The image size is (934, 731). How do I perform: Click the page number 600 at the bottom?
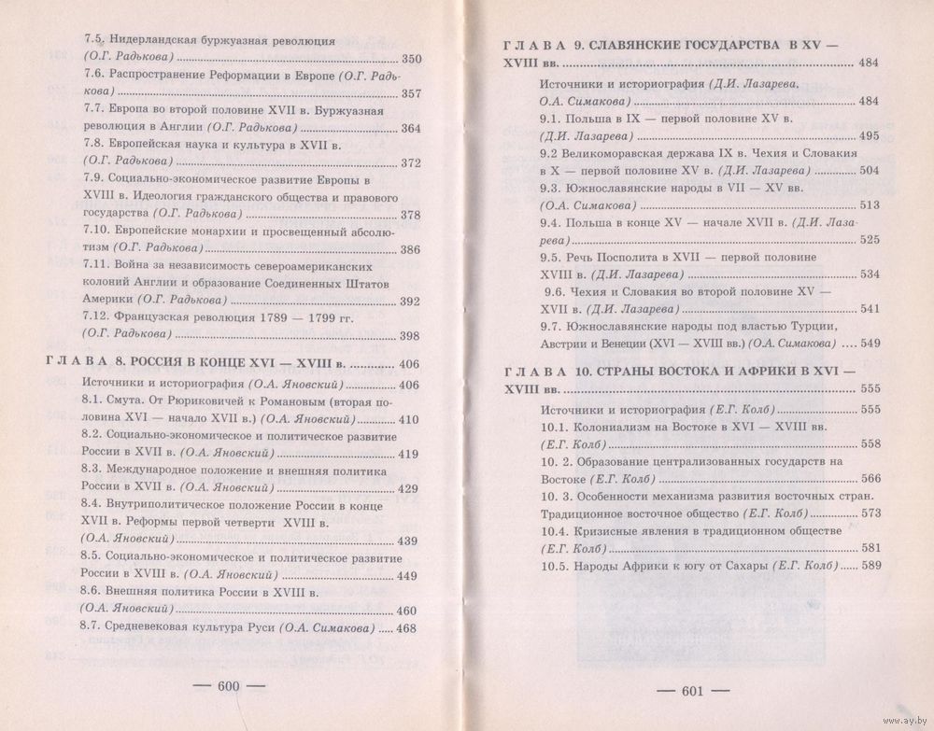coord(229,686)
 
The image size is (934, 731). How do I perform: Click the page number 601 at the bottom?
coord(691,691)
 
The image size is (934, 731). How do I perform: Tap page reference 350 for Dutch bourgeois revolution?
coord(411,61)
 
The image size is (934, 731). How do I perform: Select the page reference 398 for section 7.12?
coord(411,337)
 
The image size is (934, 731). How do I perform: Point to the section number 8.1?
coord(92,402)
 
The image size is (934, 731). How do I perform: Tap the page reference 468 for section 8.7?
coord(407,629)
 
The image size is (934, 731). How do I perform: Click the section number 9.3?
coord(551,188)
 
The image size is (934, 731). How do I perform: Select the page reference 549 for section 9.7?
coord(869,343)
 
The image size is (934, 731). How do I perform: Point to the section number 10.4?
coord(557,530)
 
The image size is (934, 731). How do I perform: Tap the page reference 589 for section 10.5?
coord(870,566)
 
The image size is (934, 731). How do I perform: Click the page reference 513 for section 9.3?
coord(869,205)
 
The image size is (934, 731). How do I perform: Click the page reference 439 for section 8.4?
coord(407,541)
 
